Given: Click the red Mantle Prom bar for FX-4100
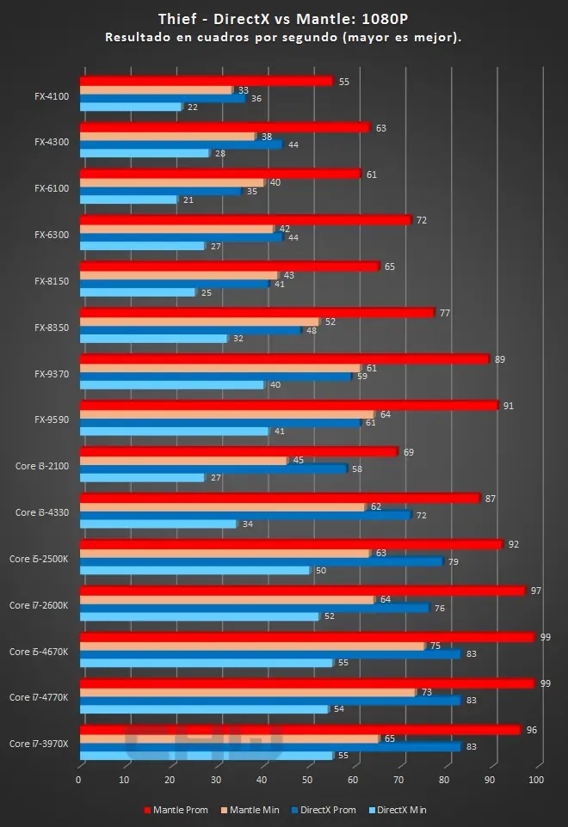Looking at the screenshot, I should coord(206,82).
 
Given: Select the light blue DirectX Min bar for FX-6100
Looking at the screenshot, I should coord(128,199).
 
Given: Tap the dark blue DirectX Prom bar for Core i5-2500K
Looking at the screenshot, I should coord(261,561).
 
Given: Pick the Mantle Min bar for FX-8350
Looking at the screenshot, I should coord(199,322).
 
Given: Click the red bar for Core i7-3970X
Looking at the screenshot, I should coord(299,730).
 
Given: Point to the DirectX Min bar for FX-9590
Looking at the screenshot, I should coord(174,431).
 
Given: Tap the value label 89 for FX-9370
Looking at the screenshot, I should coord(499,358).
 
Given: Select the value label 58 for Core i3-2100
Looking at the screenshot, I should coord(357,469).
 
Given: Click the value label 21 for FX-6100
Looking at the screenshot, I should coord(188,199).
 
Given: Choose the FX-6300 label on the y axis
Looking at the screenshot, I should coord(51,234).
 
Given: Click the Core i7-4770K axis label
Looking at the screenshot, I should coord(39,697).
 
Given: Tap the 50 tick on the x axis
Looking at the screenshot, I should coord(307,780).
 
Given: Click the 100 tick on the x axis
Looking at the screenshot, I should coord(535,780).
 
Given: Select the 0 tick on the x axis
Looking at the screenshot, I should coord(79,780).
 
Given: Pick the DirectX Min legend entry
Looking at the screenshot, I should coord(396,809).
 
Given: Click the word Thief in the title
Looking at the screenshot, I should coord(174,19).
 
